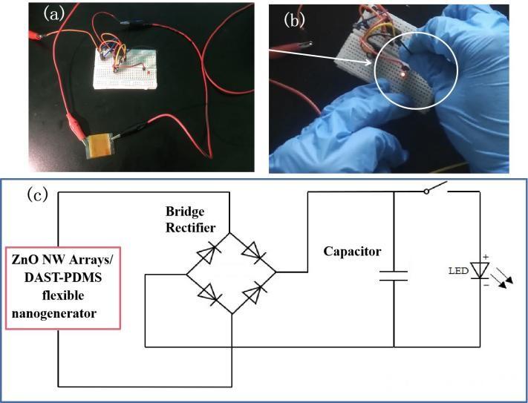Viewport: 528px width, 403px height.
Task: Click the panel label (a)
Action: [57, 13]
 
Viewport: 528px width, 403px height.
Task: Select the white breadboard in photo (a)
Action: [123, 67]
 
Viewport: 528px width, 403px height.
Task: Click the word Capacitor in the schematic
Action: [352, 252]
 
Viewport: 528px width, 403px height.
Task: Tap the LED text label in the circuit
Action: [458, 272]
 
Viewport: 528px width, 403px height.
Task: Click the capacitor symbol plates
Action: [394, 276]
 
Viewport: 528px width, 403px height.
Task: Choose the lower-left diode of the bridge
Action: [208, 295]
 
